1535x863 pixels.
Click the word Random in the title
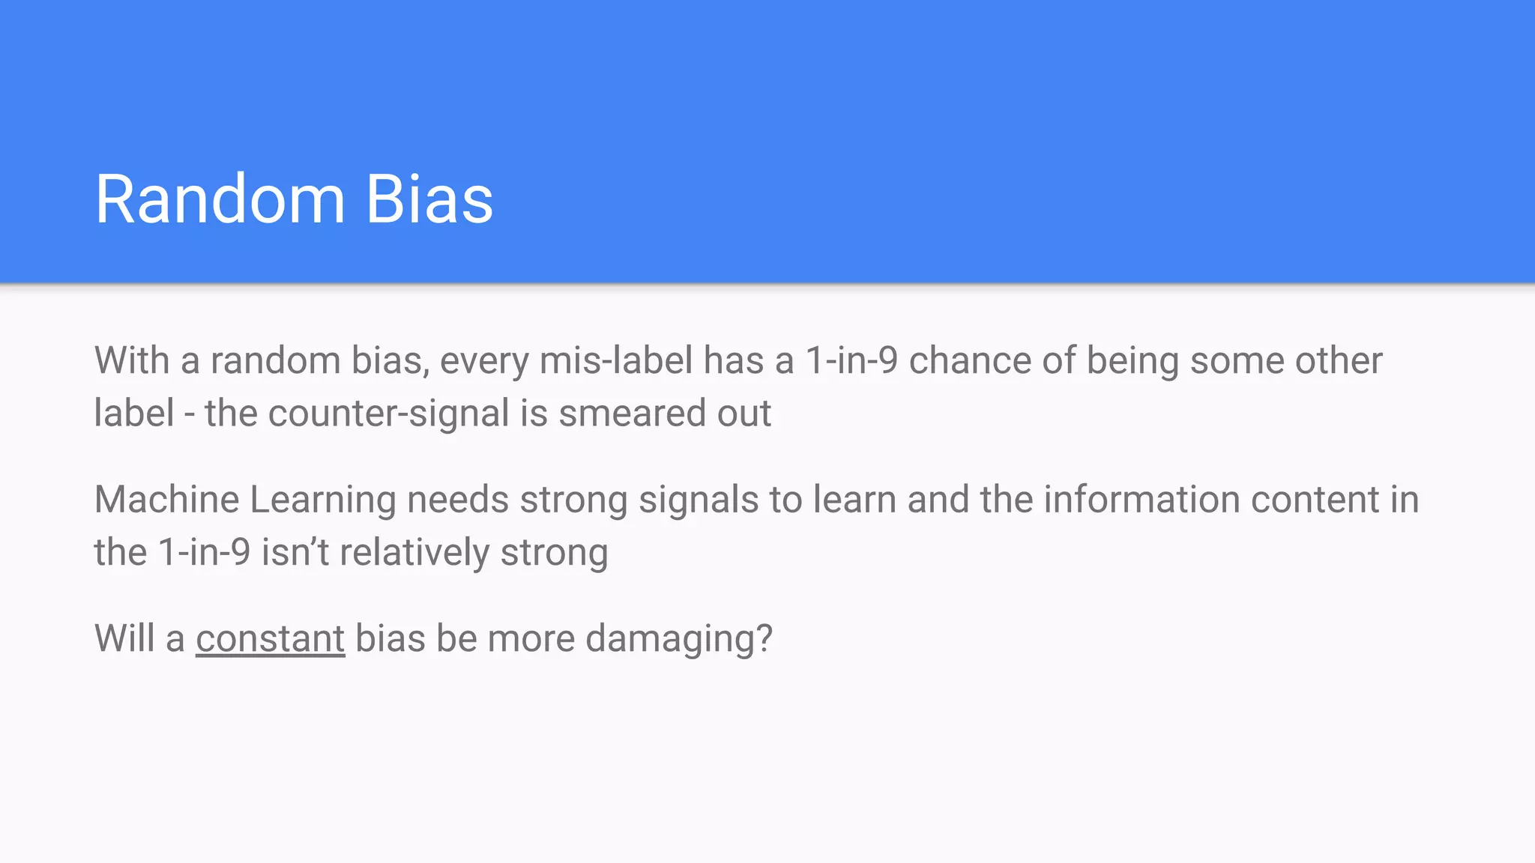pos(220,199)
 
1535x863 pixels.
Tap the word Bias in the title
pos(429,199)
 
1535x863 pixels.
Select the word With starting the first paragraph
pos(132,360)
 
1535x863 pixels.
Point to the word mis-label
pos(616,360)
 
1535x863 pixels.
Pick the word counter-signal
pos(389,414)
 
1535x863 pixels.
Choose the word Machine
pos(166,500)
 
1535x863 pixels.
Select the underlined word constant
pos(270,639)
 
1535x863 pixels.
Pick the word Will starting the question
pos(124,639)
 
